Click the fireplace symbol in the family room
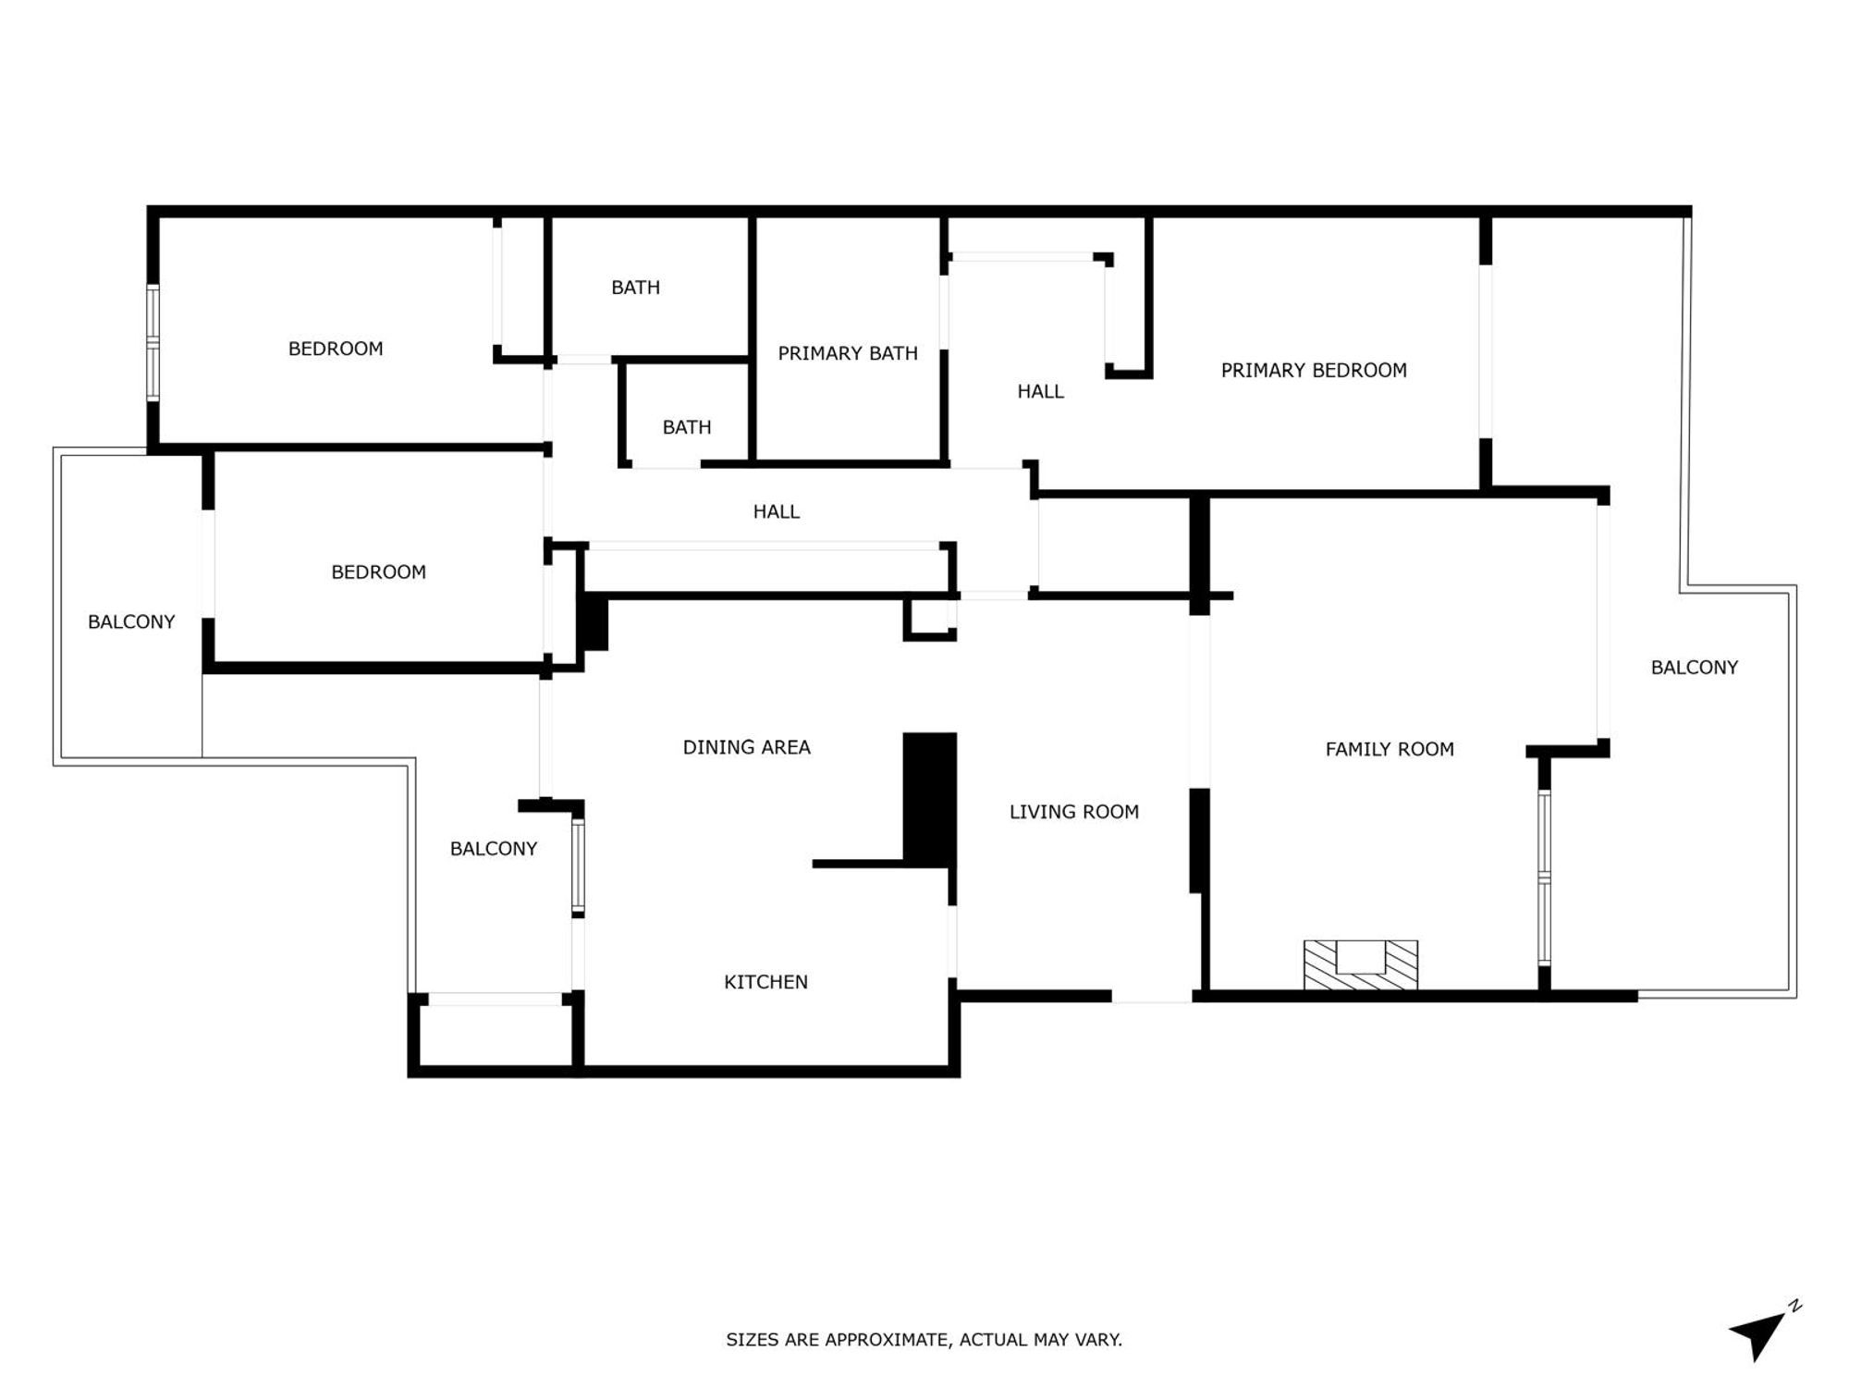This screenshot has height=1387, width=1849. coord(1360,964)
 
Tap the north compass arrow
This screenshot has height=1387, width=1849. coord(1760,1334)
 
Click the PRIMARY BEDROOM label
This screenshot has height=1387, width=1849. coord(1313,371)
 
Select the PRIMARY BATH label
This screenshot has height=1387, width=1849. coord(847,353)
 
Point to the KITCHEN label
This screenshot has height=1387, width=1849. coord(765,982)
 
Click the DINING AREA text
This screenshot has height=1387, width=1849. coord(746,747)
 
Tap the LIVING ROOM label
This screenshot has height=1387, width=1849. coord(1073,812)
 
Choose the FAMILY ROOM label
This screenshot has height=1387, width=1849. coord(1389,749)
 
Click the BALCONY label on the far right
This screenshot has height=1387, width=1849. coord(1694,668)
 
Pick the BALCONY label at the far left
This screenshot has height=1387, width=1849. coord(131,622)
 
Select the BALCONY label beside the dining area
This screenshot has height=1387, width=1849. coord(493,849)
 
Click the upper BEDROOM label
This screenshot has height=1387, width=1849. coord(336,349)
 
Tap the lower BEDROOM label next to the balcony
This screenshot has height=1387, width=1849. coord(378,572)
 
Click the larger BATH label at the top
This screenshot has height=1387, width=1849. coord(635,288)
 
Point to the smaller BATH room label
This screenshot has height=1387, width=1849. coord(686,427)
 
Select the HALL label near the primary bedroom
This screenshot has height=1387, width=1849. coord(1040,392)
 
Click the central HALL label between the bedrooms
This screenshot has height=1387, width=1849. coord(776,511)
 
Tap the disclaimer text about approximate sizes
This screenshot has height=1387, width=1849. coord(924,1339)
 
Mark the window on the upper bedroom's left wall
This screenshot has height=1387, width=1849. coord(153,343)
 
